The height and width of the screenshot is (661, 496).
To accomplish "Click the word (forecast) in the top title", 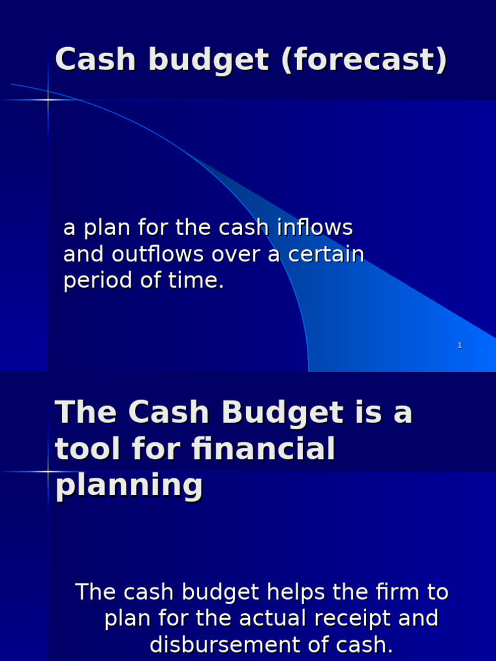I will pyautogui.click(x=364, y=61).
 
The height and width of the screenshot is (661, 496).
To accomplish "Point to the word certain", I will pyautogui.click(x=326, y=254).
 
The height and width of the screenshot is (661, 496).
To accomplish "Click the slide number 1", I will pyautogui.click(x=459, y=345).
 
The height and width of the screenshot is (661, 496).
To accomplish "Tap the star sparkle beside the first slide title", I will pyautogui.click(x=48, y=100).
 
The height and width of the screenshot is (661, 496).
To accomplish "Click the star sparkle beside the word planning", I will pyautogui.click(x=48, y=472).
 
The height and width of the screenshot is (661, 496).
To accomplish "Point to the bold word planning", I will pyautogui.click(x=129, y=485).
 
